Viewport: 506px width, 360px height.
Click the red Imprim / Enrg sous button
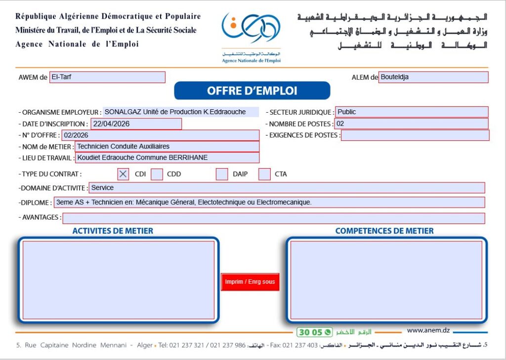point(250,282)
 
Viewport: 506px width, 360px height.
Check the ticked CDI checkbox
point(124,174)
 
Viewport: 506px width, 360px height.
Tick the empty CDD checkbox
point(157,174)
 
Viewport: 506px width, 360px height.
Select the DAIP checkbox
point(222,174)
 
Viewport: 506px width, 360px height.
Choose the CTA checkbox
point(265,174)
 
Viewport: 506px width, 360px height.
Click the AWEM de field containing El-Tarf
point(107,77)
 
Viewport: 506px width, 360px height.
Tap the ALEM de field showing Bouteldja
point(433,77)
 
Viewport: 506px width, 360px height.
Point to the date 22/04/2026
point(111,124)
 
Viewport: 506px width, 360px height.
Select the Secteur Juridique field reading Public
point(412,112)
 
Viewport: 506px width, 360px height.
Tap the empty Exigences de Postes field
point(415,135)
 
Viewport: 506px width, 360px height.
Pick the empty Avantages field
point(273,218)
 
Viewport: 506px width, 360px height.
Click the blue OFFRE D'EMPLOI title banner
point(252,91)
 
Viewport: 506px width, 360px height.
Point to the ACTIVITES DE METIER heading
point(113,231)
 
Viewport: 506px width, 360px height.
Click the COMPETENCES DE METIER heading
point(384,231)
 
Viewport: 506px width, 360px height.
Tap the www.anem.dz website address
point(428,330)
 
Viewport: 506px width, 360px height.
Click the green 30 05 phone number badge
point(310,332)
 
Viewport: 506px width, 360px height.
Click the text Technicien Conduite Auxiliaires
point(124,146)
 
